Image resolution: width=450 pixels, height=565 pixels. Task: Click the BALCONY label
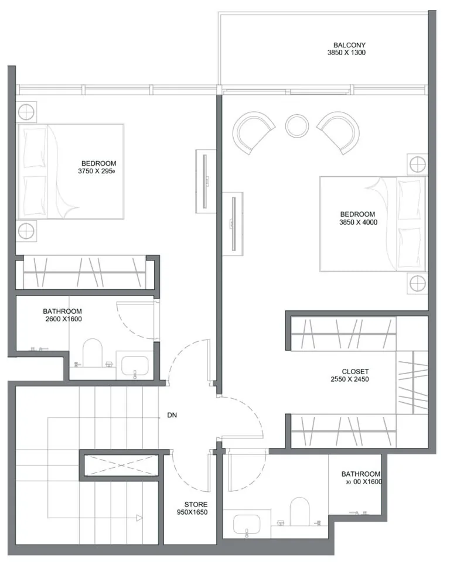click(x=349, y=45)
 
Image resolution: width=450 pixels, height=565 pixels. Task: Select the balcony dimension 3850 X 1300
click(x=346, y=53)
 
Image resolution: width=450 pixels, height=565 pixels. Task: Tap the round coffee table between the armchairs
click(x=297, y=126)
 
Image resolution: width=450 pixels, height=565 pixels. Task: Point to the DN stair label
click(x=172, y=415)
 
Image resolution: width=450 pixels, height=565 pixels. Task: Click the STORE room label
click(x=196, y=505)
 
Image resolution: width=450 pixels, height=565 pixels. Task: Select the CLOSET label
click(x=355, y=371)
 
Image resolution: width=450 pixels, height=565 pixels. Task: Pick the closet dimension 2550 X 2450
click(x=349, y=379)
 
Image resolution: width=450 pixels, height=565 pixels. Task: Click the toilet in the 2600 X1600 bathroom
click(x=93, y=352)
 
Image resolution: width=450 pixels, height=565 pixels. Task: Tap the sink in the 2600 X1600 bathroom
click(x=135, y=365)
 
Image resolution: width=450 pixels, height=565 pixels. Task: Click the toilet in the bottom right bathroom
click(x=299, y=512)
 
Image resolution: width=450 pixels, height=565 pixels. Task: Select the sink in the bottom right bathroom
click(x=247, y=524)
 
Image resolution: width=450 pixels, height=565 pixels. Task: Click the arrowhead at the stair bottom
click(x=139, y=518)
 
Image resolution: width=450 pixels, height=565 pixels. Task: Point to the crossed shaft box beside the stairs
click(x=121, y=465)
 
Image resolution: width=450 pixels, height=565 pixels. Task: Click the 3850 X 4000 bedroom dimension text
click(x=358, y=222)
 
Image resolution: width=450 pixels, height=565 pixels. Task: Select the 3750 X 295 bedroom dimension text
click(x=96, y=171)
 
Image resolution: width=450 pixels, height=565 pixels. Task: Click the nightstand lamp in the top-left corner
click(x=26, y=112)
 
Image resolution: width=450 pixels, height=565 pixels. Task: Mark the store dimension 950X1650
click(x=192, y=512)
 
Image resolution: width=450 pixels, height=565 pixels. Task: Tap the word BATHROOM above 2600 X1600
click(x=62, y=311)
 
